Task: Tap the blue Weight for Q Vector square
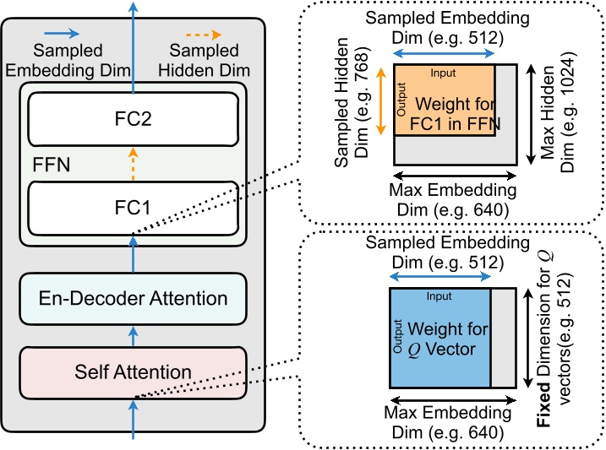(x=440, y=337)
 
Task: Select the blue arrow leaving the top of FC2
(x=132, y=42)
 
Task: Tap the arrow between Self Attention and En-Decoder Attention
(x=132, y=336)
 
